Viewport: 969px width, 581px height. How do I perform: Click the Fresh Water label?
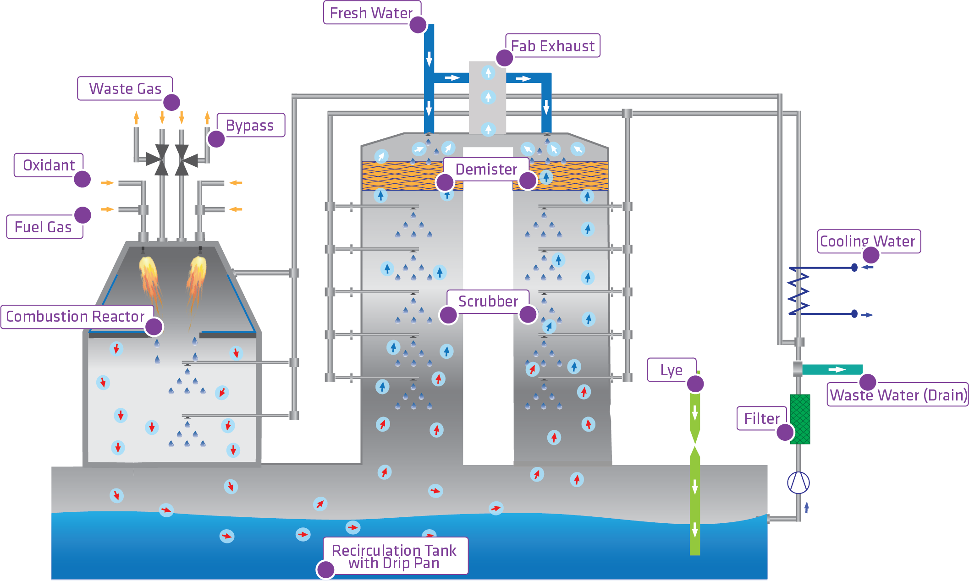(371, 13)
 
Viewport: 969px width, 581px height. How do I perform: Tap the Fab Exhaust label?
(553, 46)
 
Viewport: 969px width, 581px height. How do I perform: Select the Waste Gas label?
(125, 88)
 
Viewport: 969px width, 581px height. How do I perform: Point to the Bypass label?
(250, 126)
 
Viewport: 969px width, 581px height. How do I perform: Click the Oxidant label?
(49, 165)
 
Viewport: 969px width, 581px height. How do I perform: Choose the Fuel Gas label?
(43, 227)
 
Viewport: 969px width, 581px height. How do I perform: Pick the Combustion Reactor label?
(75, 317)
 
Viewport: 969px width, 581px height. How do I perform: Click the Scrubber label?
(488, 301)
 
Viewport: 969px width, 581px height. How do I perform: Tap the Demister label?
(486, 170)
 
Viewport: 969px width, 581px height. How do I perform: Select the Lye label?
(671, 370)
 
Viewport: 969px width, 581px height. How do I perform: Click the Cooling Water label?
(867, 241)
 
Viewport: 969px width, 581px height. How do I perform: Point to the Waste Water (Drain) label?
(898, 395)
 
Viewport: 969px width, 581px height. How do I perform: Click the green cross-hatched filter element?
(800, 419)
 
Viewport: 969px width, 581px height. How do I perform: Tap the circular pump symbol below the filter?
(798, 482)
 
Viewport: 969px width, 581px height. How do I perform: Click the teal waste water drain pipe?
(832, 369)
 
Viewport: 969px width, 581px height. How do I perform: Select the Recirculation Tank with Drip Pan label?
(394, 556)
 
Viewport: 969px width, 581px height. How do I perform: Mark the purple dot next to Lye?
(695, 384)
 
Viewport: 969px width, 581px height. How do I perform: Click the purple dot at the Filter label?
(785, 432)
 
